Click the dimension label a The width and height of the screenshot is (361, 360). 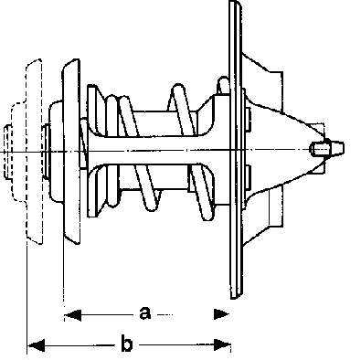145,313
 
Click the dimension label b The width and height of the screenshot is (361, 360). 127,344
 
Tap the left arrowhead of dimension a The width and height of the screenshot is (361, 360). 73,315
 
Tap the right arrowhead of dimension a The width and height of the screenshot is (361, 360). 221,314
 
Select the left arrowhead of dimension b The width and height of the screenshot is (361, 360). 36,345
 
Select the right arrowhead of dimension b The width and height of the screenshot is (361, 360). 222,344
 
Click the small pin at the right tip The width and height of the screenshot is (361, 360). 328,148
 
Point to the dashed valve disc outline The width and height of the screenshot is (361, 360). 34,152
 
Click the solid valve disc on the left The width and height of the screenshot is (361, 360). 71,152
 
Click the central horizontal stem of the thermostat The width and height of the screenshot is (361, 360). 158,151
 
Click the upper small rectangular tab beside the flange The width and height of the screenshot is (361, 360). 249,121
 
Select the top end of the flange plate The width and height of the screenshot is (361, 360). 235,2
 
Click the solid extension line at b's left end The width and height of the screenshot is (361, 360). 27,300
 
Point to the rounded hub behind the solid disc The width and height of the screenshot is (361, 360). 57,152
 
